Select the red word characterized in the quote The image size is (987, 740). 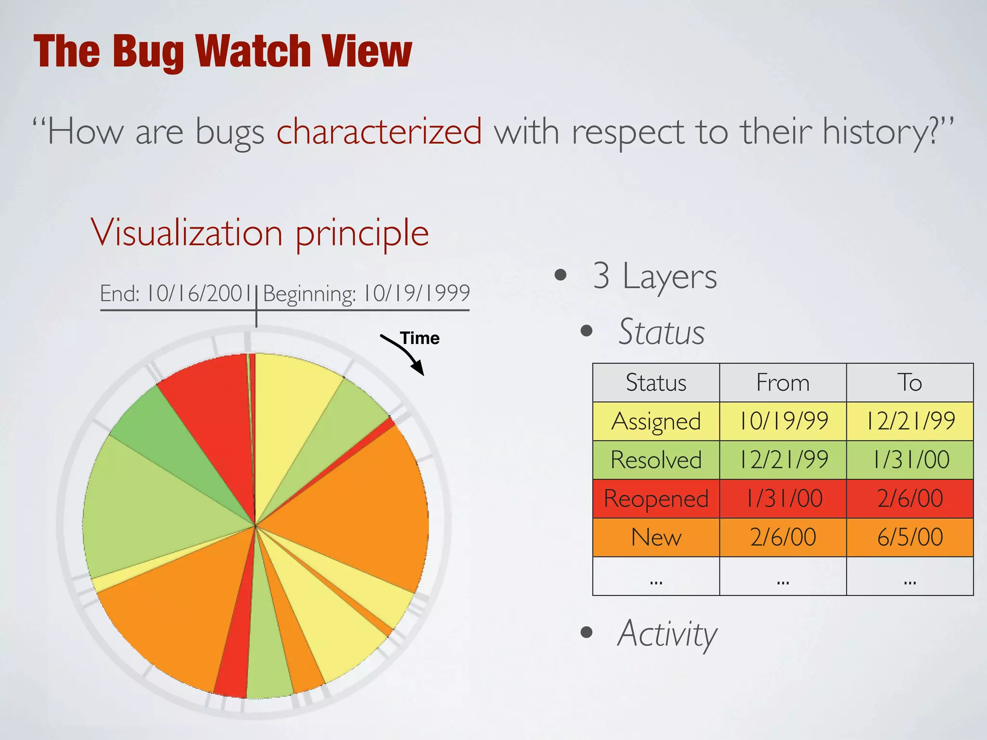click(x=379, y=131)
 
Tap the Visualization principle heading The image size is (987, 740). click(x=260, y=233)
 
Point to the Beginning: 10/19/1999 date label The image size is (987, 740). click(x=366, y=293)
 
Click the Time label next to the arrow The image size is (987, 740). click(x=420, y=338)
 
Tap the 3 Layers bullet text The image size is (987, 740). click(x=654, y=276)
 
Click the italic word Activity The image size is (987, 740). click(x=667, y=634)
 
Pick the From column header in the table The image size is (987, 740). click(x=783, y=383)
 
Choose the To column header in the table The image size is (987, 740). click(x=910, y=383)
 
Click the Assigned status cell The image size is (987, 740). click(x=656, y=422)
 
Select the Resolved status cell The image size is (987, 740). click(x=656, y=460)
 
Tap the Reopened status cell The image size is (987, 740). click(x=656, y=499)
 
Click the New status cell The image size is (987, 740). click(x=656, y=537)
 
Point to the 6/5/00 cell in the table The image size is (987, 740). click(x=910, y=537)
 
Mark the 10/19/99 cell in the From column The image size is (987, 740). click(x=783, y=422)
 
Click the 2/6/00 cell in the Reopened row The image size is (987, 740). click(x=910, y=499)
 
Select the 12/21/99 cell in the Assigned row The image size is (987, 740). click(x=910, y=422)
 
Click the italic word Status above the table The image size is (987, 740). click(x=661, y=332)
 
